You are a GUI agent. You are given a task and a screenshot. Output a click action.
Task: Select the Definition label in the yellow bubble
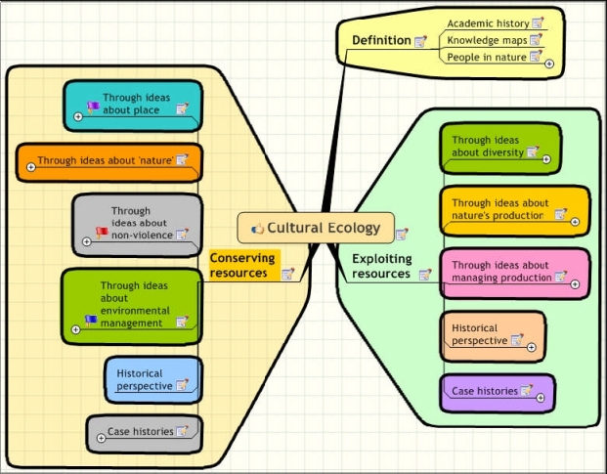pos(380,40)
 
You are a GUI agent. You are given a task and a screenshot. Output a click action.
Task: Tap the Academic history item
pos(488,22)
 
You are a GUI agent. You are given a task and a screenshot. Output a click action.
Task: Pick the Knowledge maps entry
pos(487,40)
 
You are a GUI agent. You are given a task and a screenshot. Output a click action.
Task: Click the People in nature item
pos(486,58)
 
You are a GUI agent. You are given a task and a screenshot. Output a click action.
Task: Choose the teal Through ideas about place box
pos(133,105)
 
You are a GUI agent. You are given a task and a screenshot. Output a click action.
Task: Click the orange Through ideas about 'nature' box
pos(108,160)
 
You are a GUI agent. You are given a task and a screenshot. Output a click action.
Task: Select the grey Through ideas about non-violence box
pos(138,223)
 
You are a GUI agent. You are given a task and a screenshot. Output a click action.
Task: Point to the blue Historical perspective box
pos(152,379)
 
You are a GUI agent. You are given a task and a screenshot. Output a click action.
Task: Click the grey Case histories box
pos(143,431)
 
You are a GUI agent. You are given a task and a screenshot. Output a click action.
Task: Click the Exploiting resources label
pos(381,266)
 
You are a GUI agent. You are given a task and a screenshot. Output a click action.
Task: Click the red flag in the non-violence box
pos(101,233)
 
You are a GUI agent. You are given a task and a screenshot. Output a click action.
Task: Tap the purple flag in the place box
pos(93,108)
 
